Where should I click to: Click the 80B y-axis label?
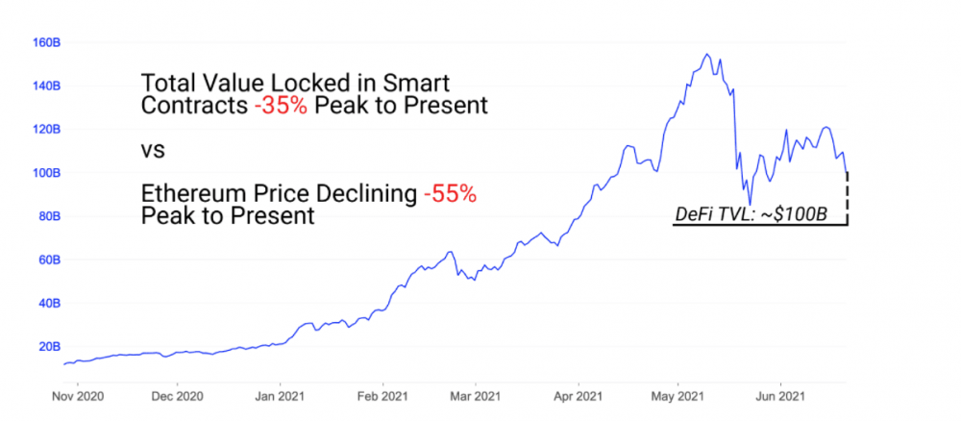(49, 216)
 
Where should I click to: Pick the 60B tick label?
(49, 260)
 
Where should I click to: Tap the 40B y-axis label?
(49, 303)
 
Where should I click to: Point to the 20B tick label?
(49, 346)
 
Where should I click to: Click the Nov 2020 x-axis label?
(76, 395)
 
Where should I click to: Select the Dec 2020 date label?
(178, 395)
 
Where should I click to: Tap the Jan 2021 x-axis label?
(281, 395)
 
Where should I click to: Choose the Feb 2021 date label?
(382, 395)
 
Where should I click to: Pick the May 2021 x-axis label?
(678, 395)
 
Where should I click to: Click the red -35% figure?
(282, 106)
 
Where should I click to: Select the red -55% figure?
(450, 194)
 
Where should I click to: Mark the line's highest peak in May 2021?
(706, 55)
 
